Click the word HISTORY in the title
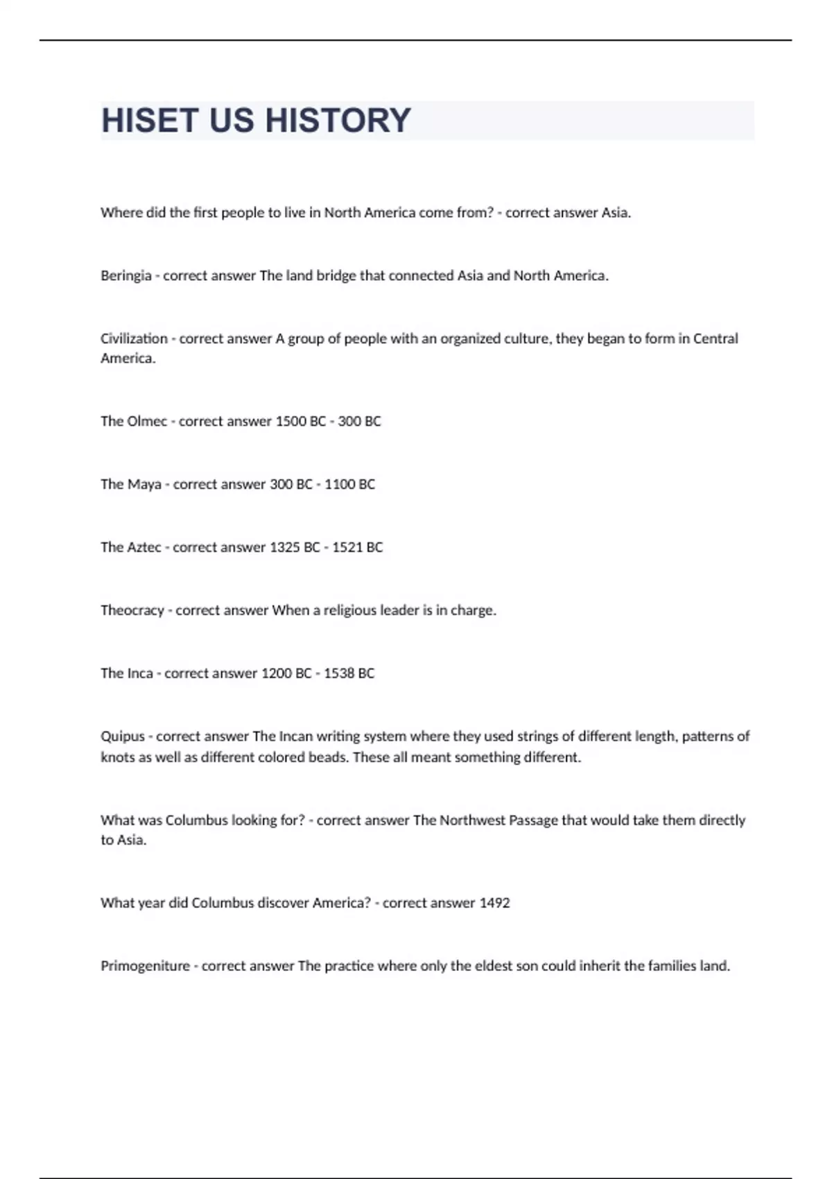(x=338, y=121)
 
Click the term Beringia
(x=125, y=276)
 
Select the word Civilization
(x=134, y=338)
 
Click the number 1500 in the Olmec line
(x=291, y=421)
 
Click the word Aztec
(x=144, y=547)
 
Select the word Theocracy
(x=132, y=610)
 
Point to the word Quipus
(x=123, y=737)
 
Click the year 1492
(x=494, y=903)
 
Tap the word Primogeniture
(x=145, y=966)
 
